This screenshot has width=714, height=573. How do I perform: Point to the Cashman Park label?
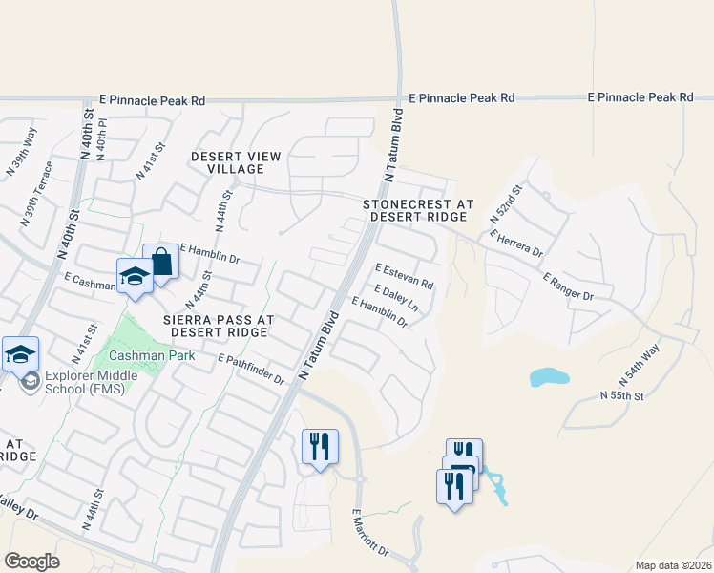152,355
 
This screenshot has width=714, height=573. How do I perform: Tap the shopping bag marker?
161,263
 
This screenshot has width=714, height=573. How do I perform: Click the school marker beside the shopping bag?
135,277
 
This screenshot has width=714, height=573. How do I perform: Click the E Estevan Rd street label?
405,277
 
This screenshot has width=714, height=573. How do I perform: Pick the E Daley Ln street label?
397,298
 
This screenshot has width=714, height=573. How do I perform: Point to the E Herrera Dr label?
515,244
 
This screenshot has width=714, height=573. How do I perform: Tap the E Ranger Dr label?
568,287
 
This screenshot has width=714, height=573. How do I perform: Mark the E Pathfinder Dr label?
251,369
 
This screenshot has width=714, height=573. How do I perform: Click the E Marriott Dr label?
371,532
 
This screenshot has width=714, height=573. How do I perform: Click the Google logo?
31,562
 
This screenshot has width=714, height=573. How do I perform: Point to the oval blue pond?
548,377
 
